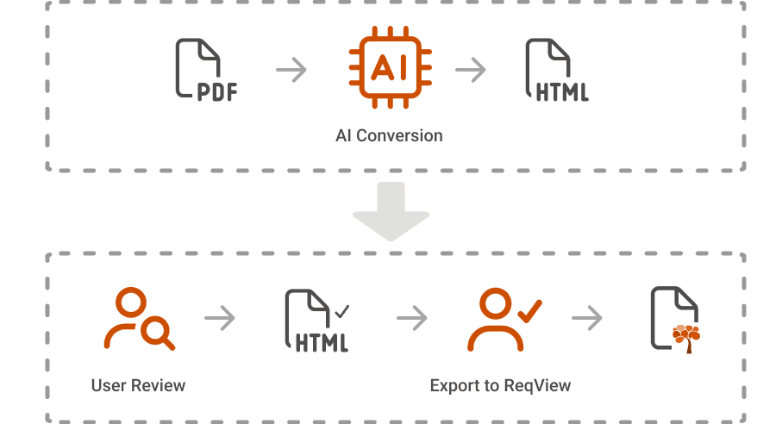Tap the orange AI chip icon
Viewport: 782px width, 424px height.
(x=390, y=67)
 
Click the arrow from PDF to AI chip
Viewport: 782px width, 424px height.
(x=291, y=70)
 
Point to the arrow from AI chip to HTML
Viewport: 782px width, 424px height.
(x=470, y=70)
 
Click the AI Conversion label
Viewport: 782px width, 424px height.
(x=389, y=135)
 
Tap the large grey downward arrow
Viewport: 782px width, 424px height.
(x=391, y=211)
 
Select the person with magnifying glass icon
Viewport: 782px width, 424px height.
(x=139, y=318)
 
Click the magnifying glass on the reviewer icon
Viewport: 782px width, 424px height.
(x=158, y=333)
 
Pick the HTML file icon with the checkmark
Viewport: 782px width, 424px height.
(x=316, y=321)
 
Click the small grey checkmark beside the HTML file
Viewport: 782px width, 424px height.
(x=342, y=311)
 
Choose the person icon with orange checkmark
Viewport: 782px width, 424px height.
(x=504, y=320)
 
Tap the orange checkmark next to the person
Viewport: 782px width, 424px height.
(x=529, y=311)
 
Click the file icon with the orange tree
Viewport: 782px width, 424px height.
(x=675, y=320)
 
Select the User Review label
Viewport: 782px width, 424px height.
(x=138, y=385)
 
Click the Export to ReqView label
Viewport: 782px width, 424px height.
(x=500, y=385)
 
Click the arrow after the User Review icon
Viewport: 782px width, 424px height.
(x=220, y=318)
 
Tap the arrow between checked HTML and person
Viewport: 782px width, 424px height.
(x=412, y=318)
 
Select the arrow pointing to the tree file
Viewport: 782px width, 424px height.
(x=587, y=318)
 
